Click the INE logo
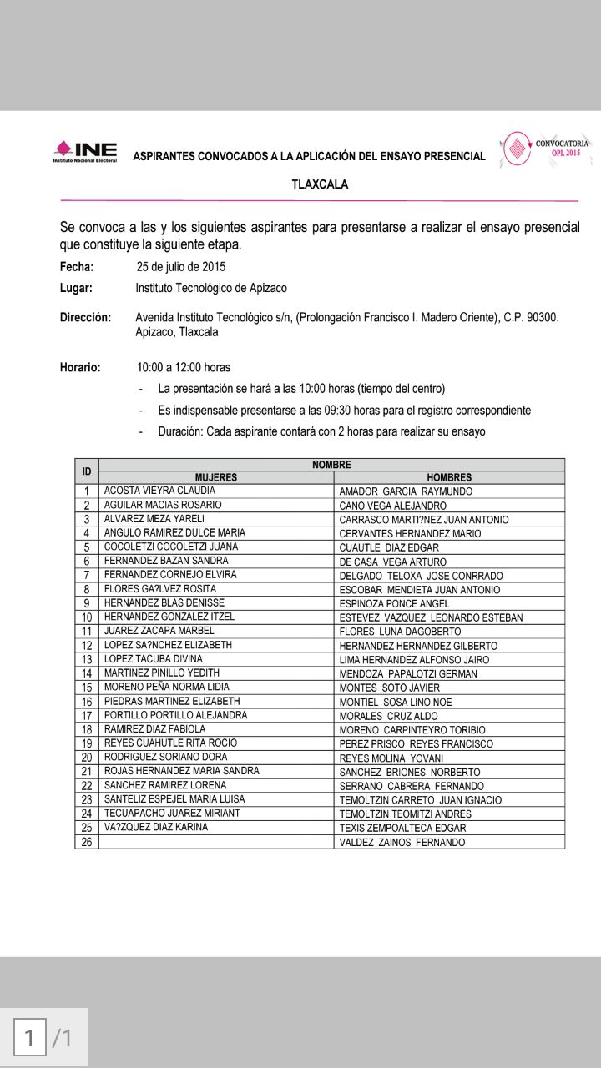[85, 151]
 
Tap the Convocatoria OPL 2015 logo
[545, 149]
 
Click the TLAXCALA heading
[320, 184]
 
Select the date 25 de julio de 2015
[180, 267]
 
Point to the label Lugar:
[76, 288]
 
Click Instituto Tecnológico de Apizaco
[211, 288]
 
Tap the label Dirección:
[85, 317]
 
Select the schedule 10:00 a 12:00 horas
[184, 367]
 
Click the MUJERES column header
[216, 477]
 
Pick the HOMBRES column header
[449, 477]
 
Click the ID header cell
[87, 471]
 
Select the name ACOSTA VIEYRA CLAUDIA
[159, 491]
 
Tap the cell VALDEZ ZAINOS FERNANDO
[402, 843]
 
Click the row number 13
[87, 659]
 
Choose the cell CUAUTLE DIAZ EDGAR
[389, 547]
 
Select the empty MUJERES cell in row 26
[216, 842]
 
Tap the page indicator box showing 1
[30, 1038]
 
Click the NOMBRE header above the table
[331, 465]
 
